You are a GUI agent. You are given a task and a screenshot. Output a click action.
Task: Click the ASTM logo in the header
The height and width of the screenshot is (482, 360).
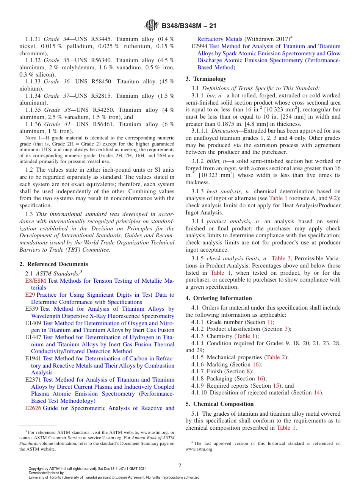point(152,26)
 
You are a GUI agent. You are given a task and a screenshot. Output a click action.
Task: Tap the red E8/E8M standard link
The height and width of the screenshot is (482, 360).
point(35,281)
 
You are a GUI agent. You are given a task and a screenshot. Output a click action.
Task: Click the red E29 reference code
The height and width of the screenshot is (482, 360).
point(30,295)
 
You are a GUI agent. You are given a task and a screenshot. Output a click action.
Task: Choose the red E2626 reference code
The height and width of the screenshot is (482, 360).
point(33,408)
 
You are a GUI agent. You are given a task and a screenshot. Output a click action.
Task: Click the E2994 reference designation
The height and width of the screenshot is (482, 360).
point(199,46)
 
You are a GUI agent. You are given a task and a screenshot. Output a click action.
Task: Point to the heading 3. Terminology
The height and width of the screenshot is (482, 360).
point(206,79)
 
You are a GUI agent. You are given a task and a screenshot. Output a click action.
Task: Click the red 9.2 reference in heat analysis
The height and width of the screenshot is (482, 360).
point(334,198)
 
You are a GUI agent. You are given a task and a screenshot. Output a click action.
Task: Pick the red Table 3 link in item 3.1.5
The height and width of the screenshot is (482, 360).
point(281,258)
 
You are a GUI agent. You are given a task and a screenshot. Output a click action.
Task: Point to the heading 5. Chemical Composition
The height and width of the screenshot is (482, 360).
point(219,404)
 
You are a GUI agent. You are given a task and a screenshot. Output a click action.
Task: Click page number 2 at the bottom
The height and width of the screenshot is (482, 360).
point(180,466)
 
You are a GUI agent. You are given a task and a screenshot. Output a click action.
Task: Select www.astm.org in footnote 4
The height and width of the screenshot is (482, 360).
point(199,449)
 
